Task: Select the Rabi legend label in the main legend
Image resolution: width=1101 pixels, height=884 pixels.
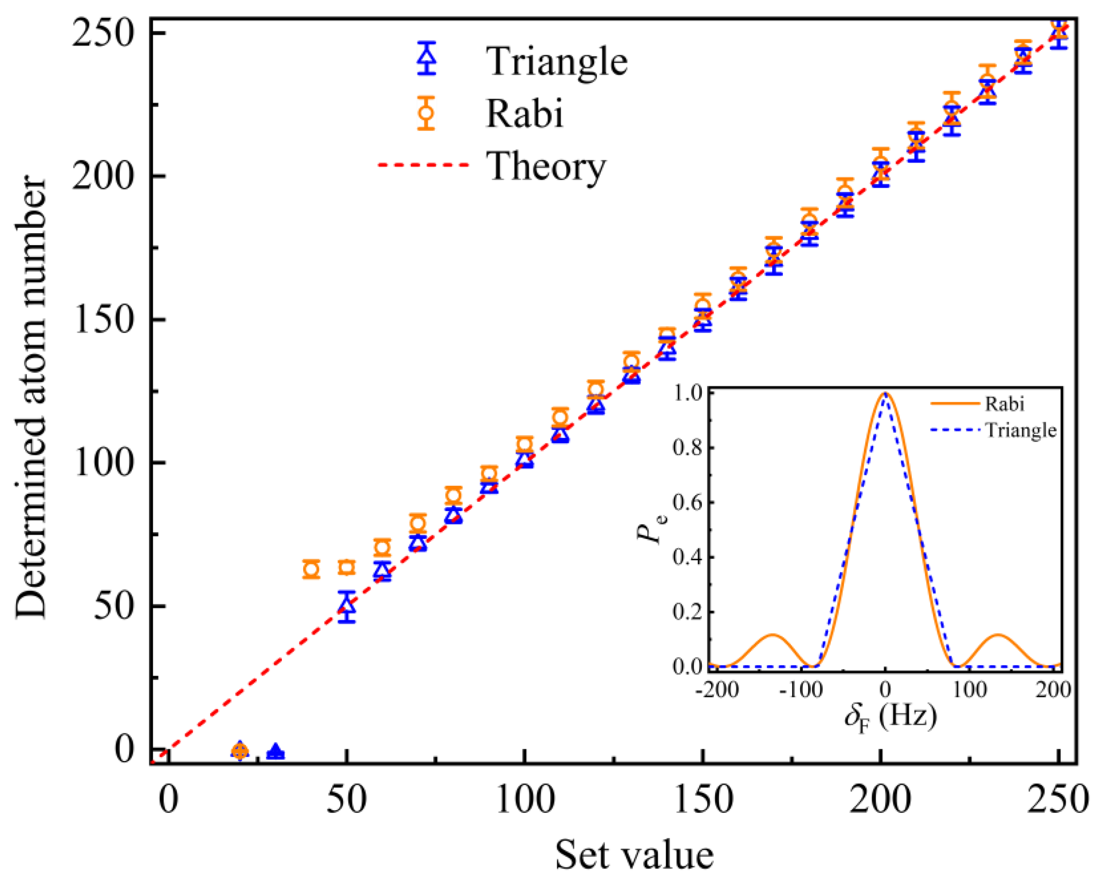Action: pos(524,113)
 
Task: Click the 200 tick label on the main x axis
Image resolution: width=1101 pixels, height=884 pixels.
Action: pos(880,800)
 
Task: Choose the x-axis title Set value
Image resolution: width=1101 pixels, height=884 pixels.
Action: pos(634,855)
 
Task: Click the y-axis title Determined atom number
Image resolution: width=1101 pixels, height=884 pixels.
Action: pos(31,398)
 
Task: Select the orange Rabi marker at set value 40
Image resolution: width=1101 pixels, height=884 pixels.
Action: pos(311,569)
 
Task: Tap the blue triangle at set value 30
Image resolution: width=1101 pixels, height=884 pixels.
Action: pos(276,752)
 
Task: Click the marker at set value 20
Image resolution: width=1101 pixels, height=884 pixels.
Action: pos(240,751)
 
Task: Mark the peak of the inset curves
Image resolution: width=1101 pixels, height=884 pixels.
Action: pos(885,393)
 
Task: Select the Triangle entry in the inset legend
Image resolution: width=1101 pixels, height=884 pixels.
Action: pos(1020,430)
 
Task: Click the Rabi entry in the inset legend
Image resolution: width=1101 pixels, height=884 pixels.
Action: pos(1005,404)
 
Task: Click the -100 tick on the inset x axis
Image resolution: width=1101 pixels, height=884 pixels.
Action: pos(801,691)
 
